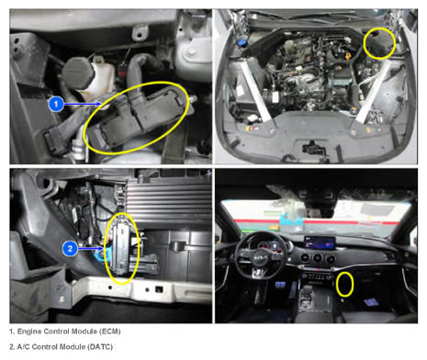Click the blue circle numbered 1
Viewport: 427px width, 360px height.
point(56,104)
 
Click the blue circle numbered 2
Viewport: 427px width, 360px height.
point(70,248)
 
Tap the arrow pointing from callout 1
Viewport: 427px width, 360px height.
point(83,104)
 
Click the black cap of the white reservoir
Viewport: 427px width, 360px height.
point(78,73)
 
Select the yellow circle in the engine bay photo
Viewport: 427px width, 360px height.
point(379,43)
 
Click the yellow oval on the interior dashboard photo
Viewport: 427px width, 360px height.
point(345,285)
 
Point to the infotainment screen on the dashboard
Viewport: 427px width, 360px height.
point(320,243)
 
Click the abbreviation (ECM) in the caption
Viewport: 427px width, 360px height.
point(109,332)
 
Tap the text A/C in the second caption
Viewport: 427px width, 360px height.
point(24,347)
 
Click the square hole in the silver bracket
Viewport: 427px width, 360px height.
point(159,288)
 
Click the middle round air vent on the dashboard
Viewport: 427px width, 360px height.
point(318,258)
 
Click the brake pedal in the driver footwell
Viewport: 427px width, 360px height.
point(280,286)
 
